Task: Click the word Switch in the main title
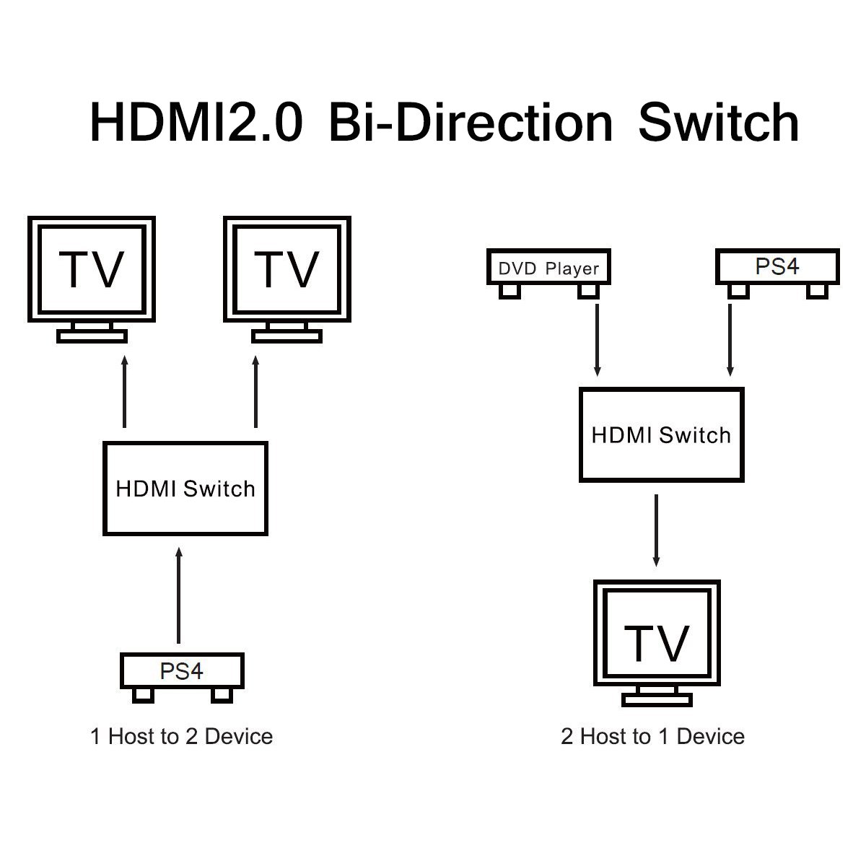718,123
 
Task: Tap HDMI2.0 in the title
196,123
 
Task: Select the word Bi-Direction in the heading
470,123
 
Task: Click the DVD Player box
548,268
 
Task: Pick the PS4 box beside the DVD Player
777,266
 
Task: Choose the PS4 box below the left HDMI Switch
182,670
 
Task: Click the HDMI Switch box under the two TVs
185,489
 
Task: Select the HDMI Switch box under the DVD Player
661,435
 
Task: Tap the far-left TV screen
92,268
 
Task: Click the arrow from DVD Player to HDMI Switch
597,339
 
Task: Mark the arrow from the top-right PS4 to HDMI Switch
730,339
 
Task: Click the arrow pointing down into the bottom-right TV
656,530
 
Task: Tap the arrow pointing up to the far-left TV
124,390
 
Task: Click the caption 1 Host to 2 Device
182,736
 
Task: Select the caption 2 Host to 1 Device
652,736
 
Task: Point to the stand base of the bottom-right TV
657,699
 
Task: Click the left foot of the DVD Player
510,290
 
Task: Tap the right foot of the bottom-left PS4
222,694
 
